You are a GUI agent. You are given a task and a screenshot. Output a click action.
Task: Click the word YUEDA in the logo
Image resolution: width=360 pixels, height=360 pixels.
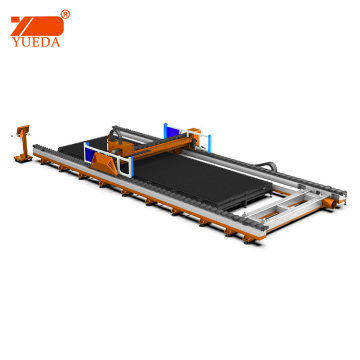(36, 42)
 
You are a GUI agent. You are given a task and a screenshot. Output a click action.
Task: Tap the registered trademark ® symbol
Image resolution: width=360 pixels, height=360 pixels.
(65, 14)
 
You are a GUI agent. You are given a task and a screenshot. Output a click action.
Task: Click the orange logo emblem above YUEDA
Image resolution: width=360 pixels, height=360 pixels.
(37, 26)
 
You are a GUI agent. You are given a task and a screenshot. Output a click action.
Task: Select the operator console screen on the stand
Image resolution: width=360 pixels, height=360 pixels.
(23, 129)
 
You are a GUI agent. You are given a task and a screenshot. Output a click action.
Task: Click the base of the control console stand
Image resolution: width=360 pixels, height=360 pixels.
(23, 158)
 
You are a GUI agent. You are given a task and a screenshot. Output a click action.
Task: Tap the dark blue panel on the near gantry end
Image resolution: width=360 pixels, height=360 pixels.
(90, 154)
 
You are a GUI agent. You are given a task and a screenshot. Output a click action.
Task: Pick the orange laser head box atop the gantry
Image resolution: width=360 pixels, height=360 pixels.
(118, 145)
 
